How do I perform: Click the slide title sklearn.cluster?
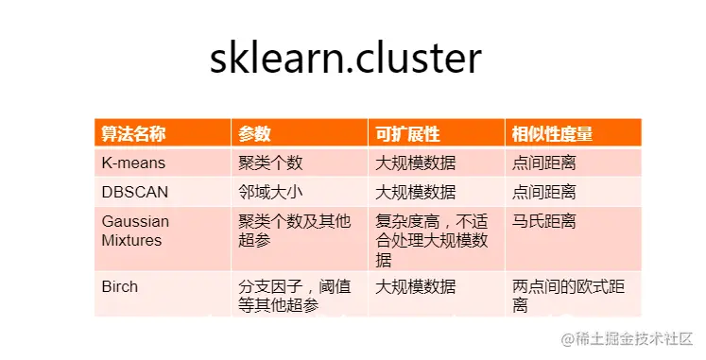pyautogui.click(x=345, y=59)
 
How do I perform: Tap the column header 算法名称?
pyautogui.click(x=134, y=134)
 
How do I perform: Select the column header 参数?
pyautogui.click(x=255, y=134)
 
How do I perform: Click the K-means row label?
pyautogui.click(x=132, y=163)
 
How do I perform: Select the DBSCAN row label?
pyautogui.click(x=135, y=192)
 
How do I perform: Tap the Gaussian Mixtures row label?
pyautogui.click(x=135, y=231)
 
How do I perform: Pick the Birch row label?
pyautogui.click(x=120, y=286)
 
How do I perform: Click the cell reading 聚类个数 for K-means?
pyautogui.click(x=271, y=163)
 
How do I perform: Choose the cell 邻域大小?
pyautogui.click(x=271, y=192)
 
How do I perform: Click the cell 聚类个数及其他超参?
pyautogui.click(x=284, y=231)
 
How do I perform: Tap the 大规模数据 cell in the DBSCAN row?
pyautogui.click(x=416, y=192)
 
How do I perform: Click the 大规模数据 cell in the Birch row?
pyautogui.click(x=416, y=286)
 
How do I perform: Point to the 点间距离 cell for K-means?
pyautogui.click(x=544, y=163)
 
